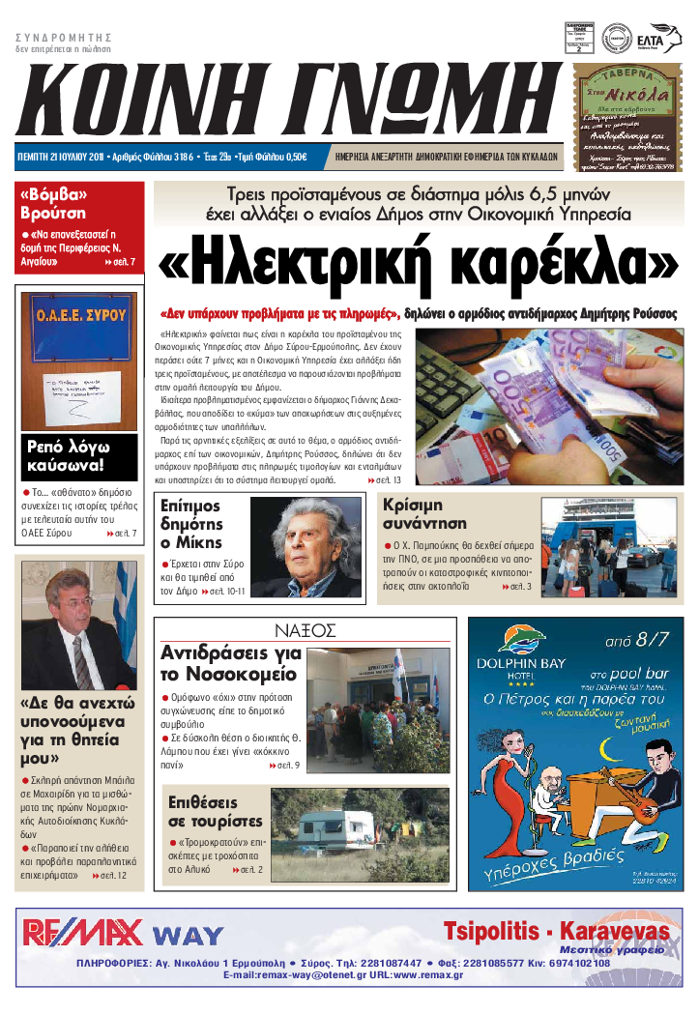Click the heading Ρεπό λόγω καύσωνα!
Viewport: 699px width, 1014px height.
coord(69,457)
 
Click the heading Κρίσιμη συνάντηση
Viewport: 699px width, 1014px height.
coord(425,514)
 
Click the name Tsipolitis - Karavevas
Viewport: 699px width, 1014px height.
coord(556,931)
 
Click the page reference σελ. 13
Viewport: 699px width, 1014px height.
coord(391,479)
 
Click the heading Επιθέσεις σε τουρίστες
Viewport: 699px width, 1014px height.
coord(215,812)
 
